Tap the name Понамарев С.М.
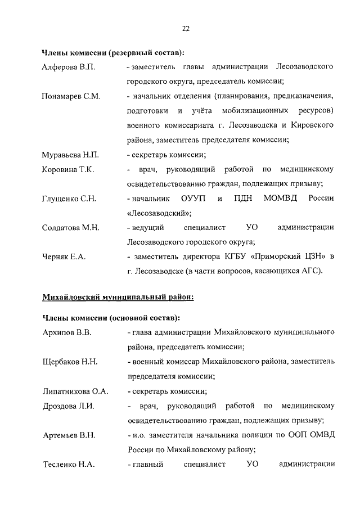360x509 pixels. point(71,96)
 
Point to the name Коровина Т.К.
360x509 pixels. point(68,169)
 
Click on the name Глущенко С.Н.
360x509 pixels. point(69,199)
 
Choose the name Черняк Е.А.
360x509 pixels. point(64,257)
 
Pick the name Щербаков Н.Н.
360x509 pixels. point(70,362)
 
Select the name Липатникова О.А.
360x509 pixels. point(75,391)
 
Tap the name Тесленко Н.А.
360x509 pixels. point(69,464)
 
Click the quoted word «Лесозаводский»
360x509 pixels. point(159,213)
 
